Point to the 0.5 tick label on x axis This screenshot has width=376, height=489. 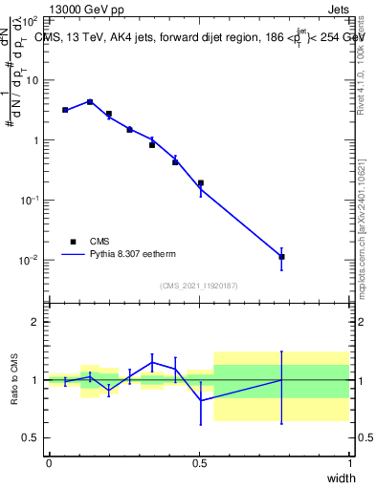(199, 463)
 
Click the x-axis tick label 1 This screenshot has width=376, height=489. (349, 463)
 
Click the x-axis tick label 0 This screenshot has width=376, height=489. (49, 463)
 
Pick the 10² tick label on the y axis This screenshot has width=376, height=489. (29, 20)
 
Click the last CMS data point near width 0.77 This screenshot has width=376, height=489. (281, 257)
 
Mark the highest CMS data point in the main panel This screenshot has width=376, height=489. (90, 101)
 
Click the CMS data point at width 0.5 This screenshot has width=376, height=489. (200, 182)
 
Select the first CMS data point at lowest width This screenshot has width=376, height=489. (65, 110)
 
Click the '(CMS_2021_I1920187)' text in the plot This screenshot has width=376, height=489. (198, 286)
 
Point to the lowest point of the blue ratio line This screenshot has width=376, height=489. (200, 400)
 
